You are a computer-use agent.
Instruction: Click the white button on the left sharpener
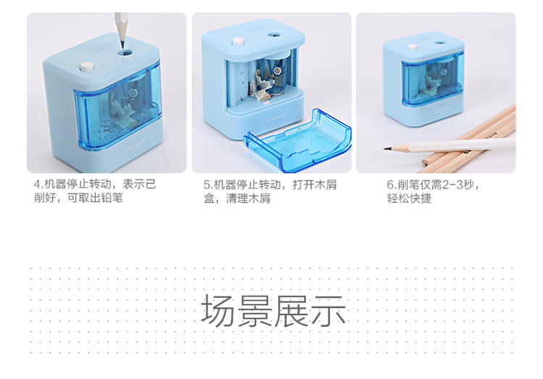[x=86, y=66]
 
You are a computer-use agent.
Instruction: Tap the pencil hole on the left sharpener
[x=125, y=53]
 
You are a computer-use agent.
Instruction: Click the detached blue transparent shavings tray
[x=298, y=141]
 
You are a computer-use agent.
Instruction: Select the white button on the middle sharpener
[x=237, y=41]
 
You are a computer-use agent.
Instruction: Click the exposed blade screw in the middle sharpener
[x=277, y=72]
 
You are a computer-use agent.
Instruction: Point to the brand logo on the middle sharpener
[x=275, y=117]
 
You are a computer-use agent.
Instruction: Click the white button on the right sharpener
[x=412, y=47]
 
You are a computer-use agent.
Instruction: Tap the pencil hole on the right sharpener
[x=439, y=43]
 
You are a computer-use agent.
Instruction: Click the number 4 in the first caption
[x=37, y=184]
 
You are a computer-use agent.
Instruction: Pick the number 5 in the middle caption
[x=206, y=185]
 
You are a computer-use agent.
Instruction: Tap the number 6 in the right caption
[x=390, y=185]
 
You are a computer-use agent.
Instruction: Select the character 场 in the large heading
[x=218, y=310]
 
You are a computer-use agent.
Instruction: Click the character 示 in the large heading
[x=329, y=310]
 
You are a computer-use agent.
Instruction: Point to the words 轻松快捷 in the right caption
[x=409, y=199]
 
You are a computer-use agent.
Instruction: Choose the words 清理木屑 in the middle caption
[x=248, y=199]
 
